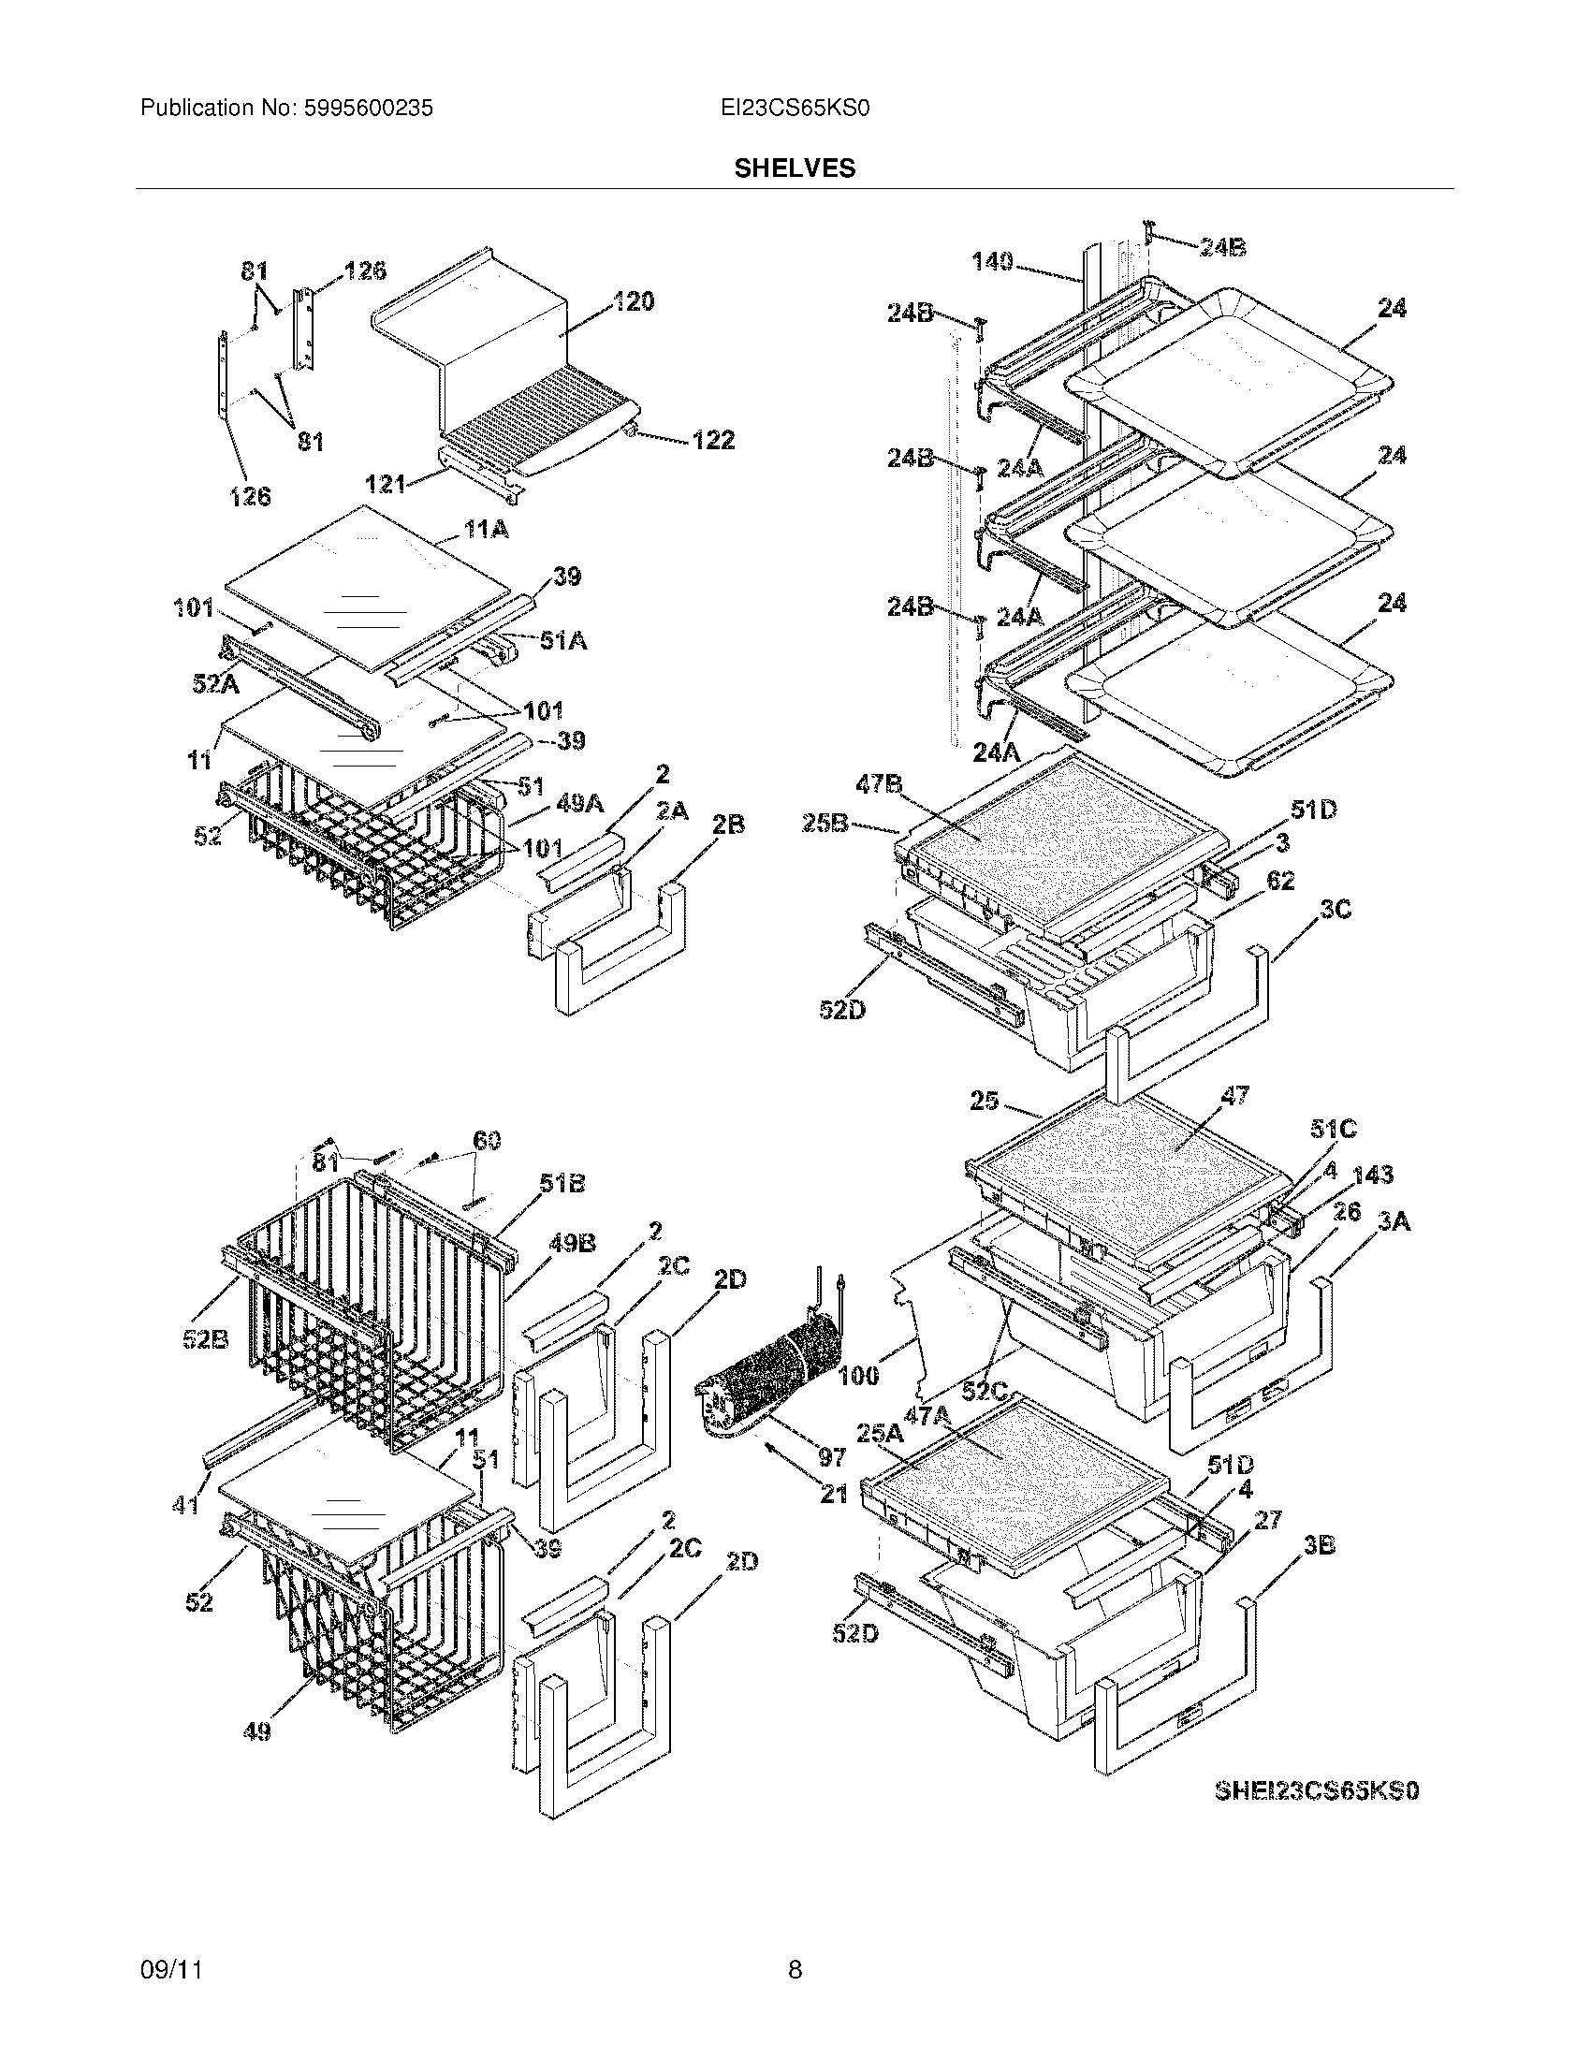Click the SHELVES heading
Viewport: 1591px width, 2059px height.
pos(795,168)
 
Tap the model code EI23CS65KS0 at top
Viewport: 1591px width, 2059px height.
pos(794,109)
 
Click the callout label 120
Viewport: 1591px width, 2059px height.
pos(634,301)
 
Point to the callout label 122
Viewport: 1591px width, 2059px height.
pos(712,440)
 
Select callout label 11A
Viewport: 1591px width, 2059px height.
pos(486,530)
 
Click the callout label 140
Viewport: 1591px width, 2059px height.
pos(992,261)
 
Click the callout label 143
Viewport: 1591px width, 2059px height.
pos(1373,1175)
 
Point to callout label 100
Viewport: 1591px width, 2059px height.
pos(857,1376)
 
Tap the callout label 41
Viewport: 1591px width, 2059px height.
pos(185,1506)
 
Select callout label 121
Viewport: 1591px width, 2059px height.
pos(385,484)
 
